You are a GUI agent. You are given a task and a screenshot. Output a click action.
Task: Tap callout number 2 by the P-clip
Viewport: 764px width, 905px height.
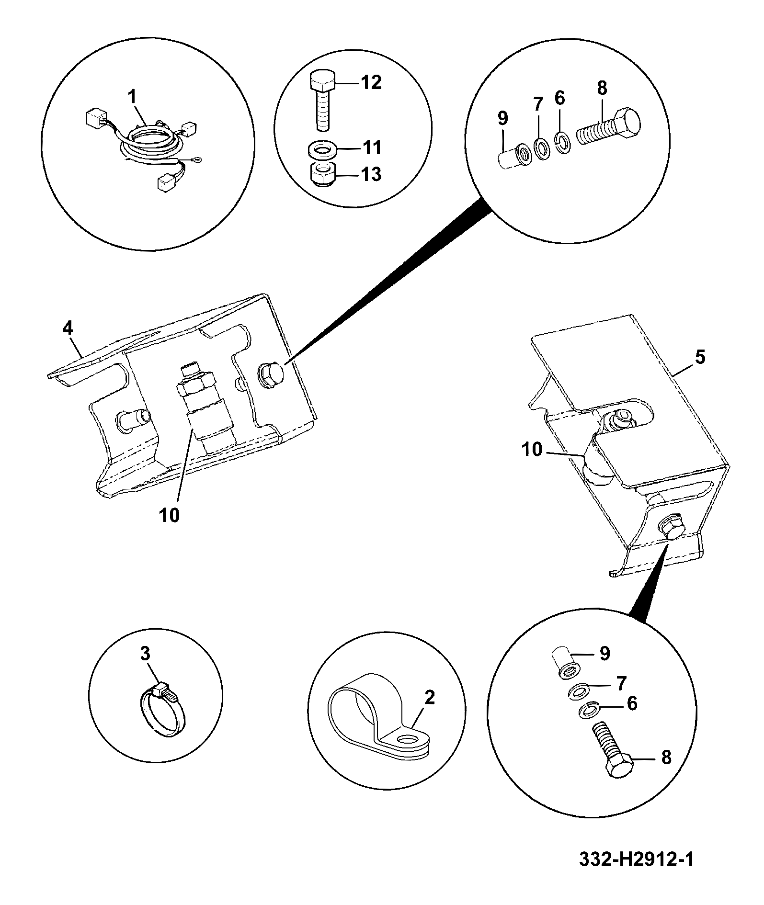click(429, 698)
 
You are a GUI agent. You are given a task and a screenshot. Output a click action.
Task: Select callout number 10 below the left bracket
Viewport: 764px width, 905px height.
click(170, 515)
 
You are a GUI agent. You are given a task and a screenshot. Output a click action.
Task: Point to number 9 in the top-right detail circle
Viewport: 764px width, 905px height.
click(502, 118)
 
